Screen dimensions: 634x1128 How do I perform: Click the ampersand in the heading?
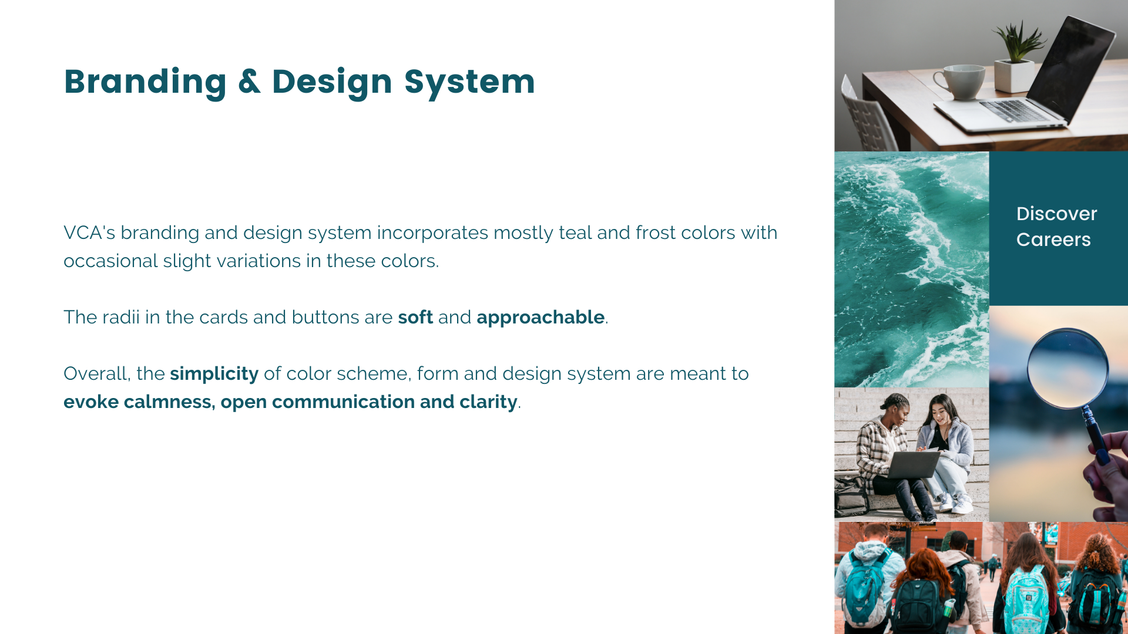(249, 82)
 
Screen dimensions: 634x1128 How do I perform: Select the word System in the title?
(469, 82)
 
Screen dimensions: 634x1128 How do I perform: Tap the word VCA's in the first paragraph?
(89, 233)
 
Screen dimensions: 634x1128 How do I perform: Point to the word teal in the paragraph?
(575, 233)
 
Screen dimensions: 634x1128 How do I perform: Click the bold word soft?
(415, 318)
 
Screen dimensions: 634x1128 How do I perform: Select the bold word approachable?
(540, 318)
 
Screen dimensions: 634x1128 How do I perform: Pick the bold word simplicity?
(214, 374)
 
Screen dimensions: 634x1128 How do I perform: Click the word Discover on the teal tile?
(1056, 214)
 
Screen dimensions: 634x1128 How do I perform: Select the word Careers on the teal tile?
(1053, 240)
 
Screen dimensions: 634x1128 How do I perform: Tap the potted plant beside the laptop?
(1017, 59)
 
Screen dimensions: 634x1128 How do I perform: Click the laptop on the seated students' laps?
(913, 464)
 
